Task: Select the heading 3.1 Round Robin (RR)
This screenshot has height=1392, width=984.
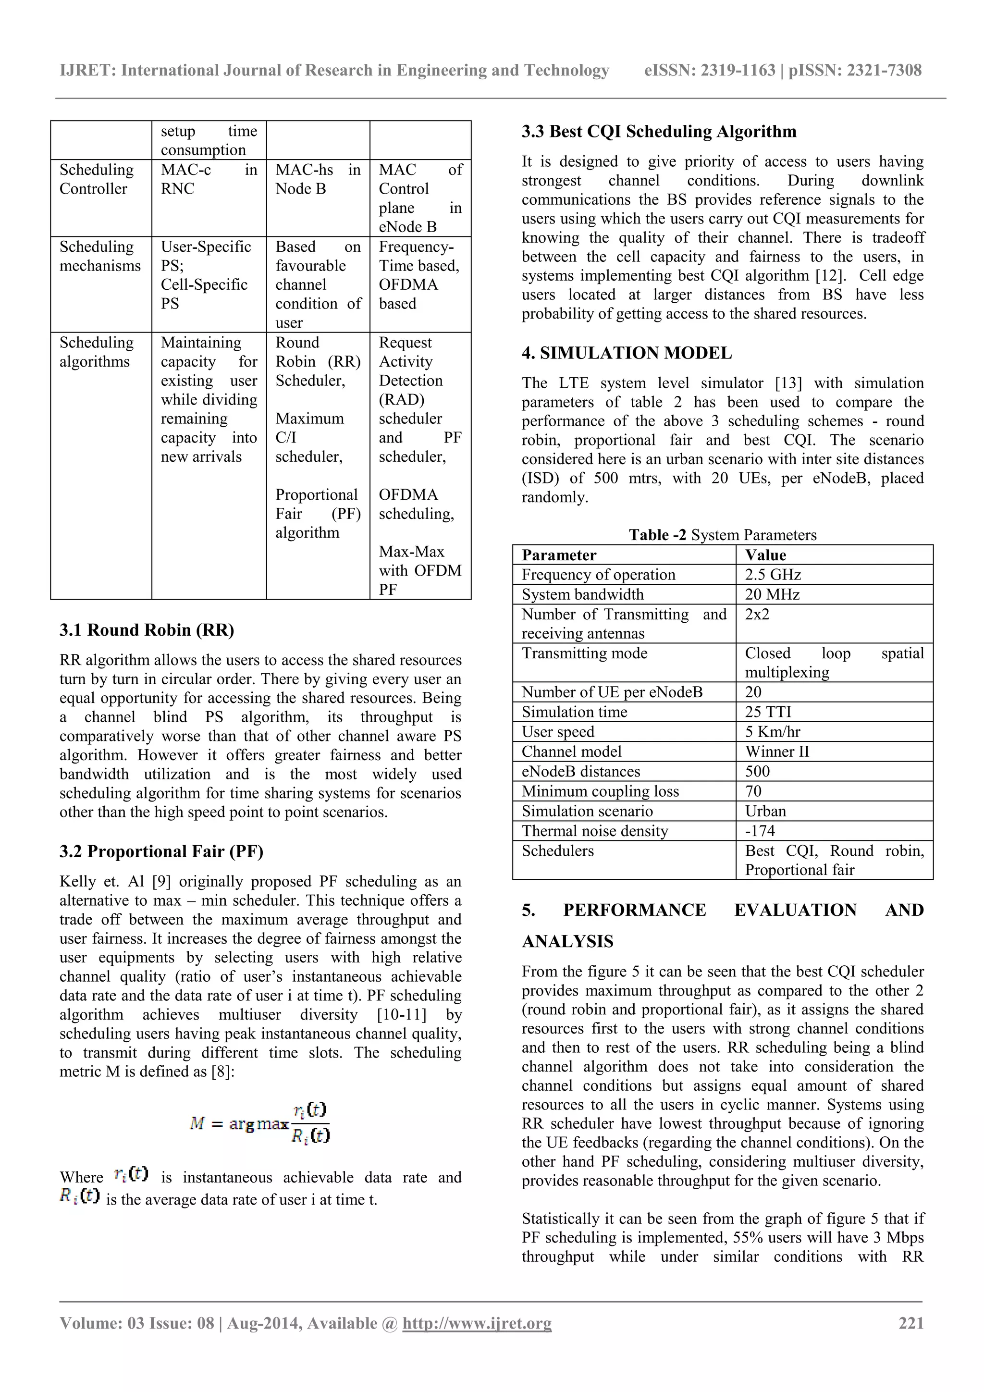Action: tap(147, 630)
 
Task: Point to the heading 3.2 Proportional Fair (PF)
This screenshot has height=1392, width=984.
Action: tap(161, 851)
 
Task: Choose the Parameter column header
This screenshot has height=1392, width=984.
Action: tap(558, 555)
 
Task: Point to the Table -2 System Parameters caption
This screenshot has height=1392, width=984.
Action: tap(722, 535)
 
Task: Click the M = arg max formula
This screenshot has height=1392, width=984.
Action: tap(259, 1123)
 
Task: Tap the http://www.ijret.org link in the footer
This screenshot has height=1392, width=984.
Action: tap(477, 1323)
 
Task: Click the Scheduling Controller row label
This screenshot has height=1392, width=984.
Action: tap(97, 179)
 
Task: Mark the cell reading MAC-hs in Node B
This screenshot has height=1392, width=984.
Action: tap(317, 179)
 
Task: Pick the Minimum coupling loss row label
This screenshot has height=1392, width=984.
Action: tap(600, 791)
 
